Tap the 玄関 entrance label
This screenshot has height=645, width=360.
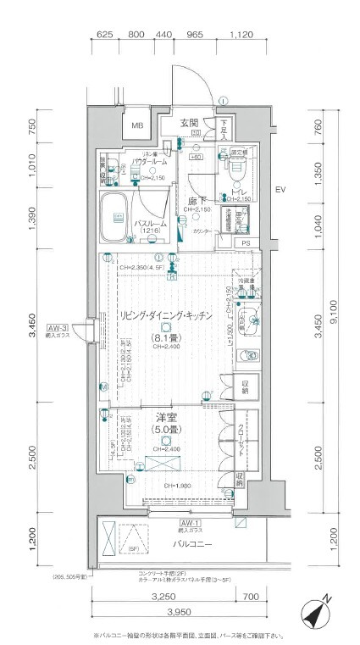189,122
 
